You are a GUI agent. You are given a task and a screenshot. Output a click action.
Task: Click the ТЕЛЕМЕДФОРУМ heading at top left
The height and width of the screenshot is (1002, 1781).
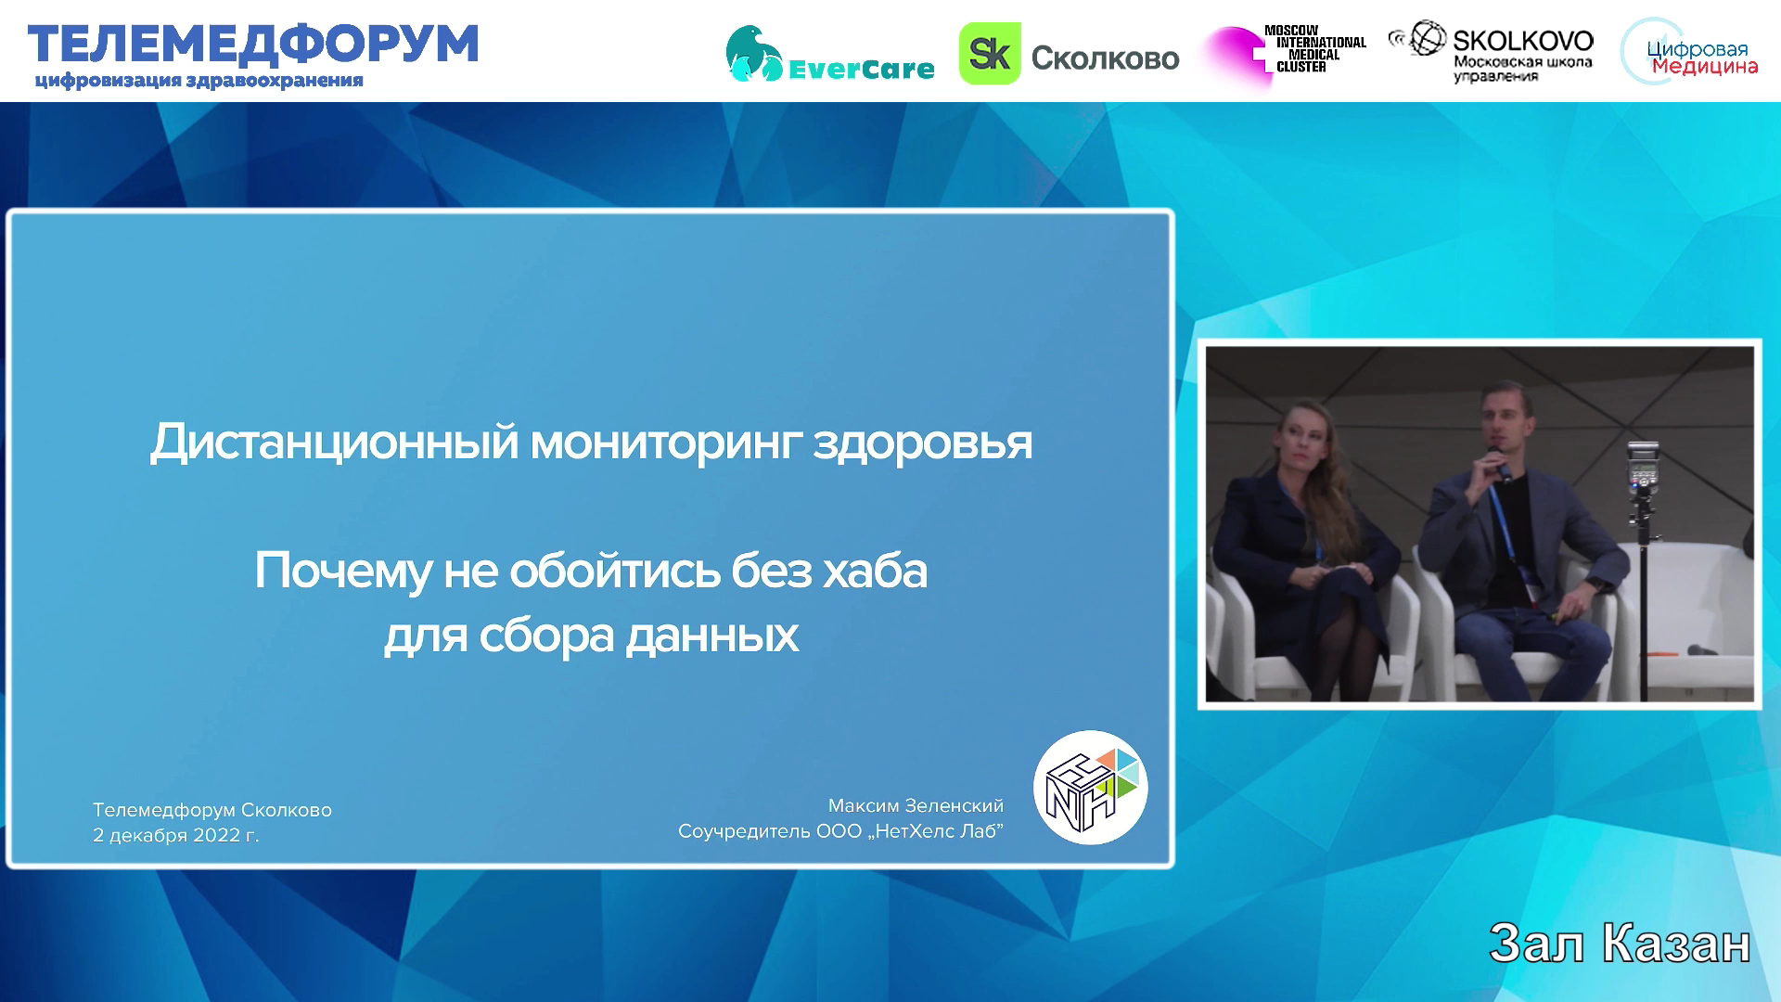click(253, 45)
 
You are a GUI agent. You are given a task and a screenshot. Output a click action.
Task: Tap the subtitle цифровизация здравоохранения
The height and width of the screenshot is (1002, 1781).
click(199, 81)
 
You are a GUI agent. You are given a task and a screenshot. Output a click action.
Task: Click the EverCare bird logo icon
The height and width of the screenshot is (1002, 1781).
click(753, 54)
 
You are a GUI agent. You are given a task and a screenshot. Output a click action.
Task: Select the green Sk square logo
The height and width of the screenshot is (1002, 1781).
click(990, 54)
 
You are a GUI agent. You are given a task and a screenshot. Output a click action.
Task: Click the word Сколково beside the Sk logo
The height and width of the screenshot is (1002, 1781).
click(1105, 58)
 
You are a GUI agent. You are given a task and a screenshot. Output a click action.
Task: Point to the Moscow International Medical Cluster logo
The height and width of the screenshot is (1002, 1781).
click(1284, 54)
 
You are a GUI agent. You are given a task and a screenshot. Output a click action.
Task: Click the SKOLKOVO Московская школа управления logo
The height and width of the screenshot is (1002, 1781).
click(1493, 52)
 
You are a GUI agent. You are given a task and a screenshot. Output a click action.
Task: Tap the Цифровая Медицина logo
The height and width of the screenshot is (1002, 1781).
click(1690, 54)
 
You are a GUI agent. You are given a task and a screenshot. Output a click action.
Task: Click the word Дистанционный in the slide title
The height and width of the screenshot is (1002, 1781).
click(334, 443)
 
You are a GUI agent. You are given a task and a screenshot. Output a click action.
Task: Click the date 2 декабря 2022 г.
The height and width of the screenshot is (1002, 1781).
click(176, 835)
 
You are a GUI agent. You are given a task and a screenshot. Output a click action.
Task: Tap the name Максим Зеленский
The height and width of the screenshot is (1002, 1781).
click(916, 805)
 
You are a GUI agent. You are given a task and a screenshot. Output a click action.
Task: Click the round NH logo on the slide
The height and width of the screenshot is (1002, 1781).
click(1091, 788)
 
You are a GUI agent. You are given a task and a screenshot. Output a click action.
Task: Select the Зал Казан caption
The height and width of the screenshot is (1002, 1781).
click(1620, 944)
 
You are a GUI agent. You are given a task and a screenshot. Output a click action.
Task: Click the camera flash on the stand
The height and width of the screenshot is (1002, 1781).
click(1643, 469)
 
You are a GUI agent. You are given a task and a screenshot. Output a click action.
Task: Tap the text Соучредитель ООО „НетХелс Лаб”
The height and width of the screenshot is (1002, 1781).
click(840, 831)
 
